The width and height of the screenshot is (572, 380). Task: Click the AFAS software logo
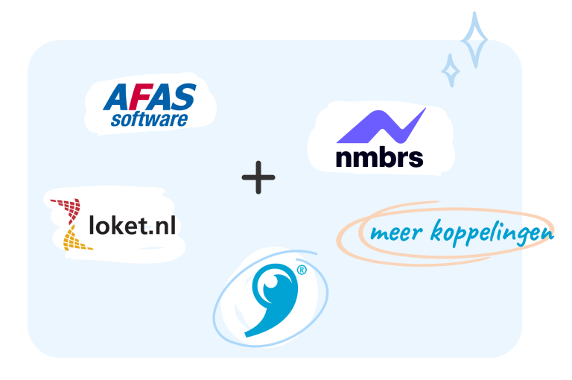(x=150, y=105)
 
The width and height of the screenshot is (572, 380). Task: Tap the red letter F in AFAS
(x=136, y=97)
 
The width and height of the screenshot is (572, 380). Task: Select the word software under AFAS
(x=149, y=119)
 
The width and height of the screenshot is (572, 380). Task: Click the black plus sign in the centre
(x=258, y=177)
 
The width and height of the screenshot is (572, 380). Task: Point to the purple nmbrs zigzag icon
(x=381, y=126)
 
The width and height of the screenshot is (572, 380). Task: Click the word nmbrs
(x=379, y=157)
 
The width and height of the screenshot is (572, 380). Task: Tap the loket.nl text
(x=133, y=225)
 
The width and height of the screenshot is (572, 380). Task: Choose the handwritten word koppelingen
(x=492, y=232)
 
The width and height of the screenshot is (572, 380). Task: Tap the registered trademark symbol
(x=302, y=270)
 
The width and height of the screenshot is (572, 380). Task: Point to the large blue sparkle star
(x=474, y=39)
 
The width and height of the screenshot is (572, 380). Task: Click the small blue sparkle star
(x=451, y=71)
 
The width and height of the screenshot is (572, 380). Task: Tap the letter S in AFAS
(x=183, y=96)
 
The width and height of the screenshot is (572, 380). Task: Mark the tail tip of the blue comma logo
(x=246, y=335)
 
